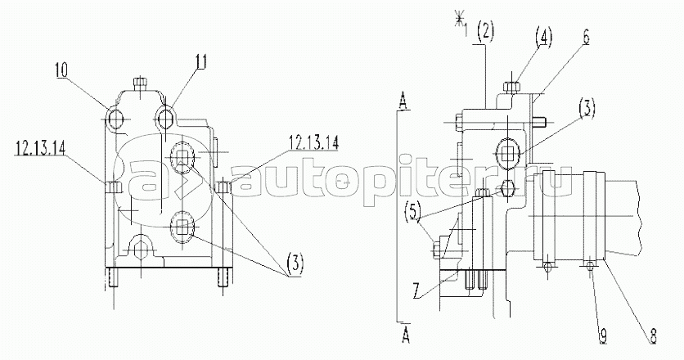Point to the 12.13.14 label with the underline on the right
[313, 143]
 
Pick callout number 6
[586, 38]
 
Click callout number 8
[652, 336]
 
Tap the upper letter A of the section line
[403, 102]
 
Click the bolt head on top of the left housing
[140, 83]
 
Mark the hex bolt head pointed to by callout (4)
[511, 87]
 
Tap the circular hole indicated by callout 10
[115, 119]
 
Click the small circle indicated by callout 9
[591, 265]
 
